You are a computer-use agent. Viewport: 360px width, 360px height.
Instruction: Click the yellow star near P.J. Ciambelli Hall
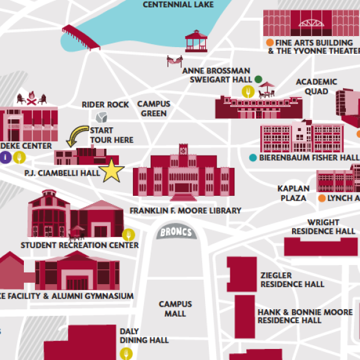point(112,171)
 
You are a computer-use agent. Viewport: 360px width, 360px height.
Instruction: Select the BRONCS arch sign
point(177,233)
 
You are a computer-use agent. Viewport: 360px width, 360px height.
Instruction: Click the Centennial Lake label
point(178,5)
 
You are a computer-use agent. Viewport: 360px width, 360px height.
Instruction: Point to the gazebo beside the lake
point(197,41)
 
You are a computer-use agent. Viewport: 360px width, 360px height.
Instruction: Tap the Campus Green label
point(154,108)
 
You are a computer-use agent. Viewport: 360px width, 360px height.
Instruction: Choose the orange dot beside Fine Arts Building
point(269,43)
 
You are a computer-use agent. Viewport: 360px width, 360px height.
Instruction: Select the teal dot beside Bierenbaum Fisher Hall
point(253,158)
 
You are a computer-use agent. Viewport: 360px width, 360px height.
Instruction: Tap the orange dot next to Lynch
point(321,198)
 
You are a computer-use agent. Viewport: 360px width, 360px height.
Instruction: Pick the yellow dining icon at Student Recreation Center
point(128,234)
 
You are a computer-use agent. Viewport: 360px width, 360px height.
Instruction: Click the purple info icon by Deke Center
point(6,157)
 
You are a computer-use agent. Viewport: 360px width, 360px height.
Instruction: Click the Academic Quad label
point(316,86)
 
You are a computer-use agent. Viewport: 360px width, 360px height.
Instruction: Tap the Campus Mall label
point(175,309)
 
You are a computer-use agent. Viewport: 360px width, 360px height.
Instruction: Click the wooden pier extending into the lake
point(81,37)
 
